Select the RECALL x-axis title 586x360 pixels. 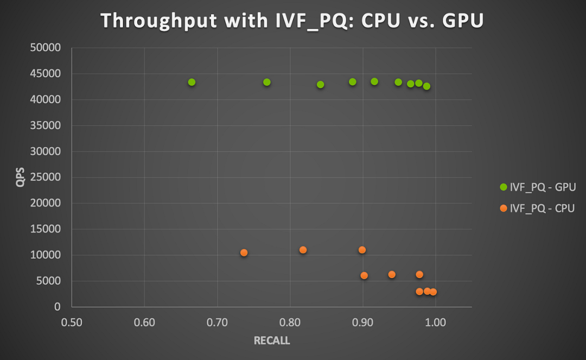point(272,341)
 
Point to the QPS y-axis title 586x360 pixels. point(21,177)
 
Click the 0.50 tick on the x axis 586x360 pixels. point(72,323)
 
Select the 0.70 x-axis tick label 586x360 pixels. point(217,323)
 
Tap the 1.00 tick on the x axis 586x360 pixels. point(435,323)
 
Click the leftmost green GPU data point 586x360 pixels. point(192,82)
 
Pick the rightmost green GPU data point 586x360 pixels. point(427,86)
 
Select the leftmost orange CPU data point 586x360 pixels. point(244,252)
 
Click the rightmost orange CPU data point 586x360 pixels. point(433,292)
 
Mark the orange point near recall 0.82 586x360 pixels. point(303,250)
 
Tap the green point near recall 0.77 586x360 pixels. point(267,82)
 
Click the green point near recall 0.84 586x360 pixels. point(321,85)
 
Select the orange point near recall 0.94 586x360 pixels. point(392,275)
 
